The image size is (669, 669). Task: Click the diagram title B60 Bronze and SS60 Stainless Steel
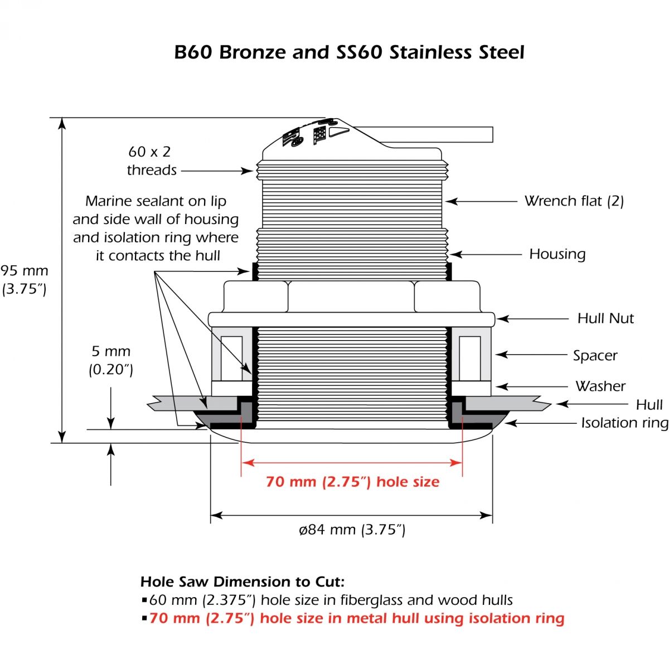tap(349, 52)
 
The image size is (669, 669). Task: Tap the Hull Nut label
tap(605, 318)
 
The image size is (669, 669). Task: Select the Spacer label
tap(595, 355)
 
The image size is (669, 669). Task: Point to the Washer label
tap(600, 386)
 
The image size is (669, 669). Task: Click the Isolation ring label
tap(624, 423)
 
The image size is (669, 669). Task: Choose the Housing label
tap(557, 254)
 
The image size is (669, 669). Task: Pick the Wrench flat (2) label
tap(574, 201)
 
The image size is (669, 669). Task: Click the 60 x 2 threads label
tap(150, 161)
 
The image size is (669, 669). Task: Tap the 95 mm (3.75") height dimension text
tap(25, 279)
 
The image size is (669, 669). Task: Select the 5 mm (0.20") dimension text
tap(111, 360)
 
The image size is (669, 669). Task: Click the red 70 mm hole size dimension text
tap(352, 482)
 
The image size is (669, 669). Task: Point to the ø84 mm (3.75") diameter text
tap(352, 530)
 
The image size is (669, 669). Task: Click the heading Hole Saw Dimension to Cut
tap(243, 582)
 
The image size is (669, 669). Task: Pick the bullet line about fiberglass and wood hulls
tap(329, 600)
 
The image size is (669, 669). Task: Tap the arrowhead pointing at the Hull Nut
tap(501, 319)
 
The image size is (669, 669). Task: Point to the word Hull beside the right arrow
tap(649, 405)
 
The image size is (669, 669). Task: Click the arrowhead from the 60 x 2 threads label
tap(249, 171)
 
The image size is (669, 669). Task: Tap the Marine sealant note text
tap(156, 228)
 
